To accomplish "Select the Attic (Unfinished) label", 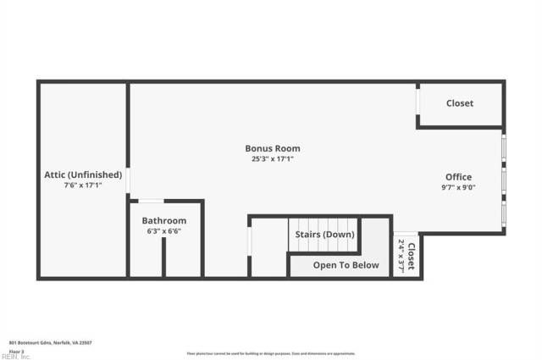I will pos(83,175).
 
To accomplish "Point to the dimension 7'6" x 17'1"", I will pos(83,186).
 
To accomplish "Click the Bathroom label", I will pos(163,221).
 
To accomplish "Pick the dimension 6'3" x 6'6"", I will pos(163,231).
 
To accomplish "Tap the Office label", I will pos(458,177).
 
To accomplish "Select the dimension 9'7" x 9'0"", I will pos(458,188).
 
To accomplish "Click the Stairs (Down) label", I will pos(324,235).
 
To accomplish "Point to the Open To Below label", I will pos(346,265).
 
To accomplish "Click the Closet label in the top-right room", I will pos(460,103).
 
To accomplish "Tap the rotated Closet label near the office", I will pos(412,256).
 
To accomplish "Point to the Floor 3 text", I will pos(16,351).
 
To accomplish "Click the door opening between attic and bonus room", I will pos(128,180).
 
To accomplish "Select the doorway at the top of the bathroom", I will pos(152,201).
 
